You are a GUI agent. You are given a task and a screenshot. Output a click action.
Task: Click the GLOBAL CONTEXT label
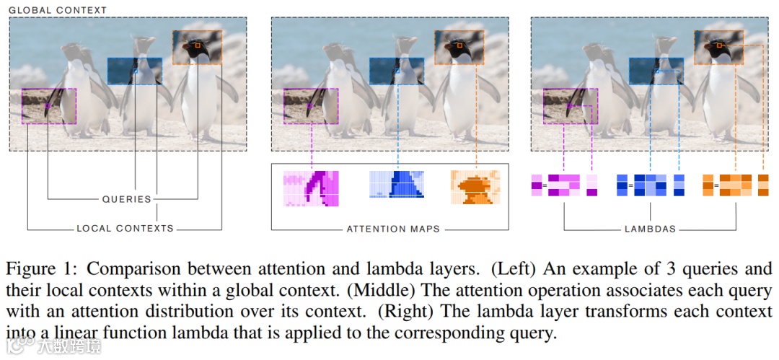coord(58,10)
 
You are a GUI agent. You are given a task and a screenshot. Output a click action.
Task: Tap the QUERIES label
coord(126,198)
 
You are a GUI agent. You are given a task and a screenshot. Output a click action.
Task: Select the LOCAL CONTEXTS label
coord(126,228)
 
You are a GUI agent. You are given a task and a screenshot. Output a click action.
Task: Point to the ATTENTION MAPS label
coord(393,229)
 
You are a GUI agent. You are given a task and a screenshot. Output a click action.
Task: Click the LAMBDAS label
coord(650,229)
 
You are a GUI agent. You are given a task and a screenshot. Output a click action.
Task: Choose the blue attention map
coord(397,184)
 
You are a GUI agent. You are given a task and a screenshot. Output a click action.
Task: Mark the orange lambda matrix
coord(736,185)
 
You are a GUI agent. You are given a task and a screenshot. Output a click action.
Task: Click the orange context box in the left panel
coord(197,47)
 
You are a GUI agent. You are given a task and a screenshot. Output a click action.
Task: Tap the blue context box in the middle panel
coord(397,71)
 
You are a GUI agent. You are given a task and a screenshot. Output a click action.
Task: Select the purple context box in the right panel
coord(571,106)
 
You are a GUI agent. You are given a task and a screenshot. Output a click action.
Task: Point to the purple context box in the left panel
coord(49,106)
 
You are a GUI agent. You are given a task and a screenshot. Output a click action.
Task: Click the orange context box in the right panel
coord(719,47)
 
